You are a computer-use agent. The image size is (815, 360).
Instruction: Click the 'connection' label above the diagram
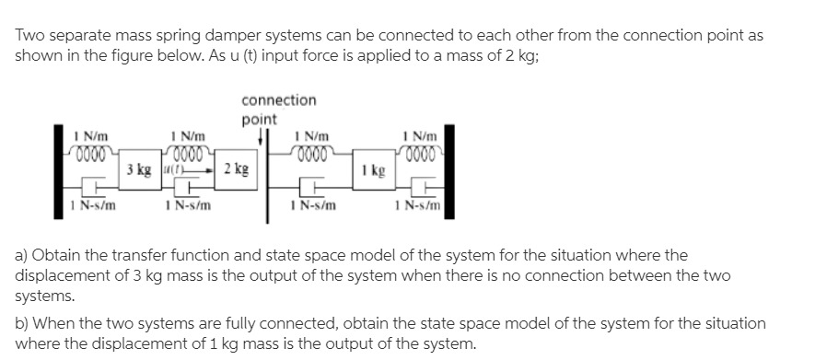coord(278,99)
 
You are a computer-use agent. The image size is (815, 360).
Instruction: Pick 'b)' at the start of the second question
coord(21,324)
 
